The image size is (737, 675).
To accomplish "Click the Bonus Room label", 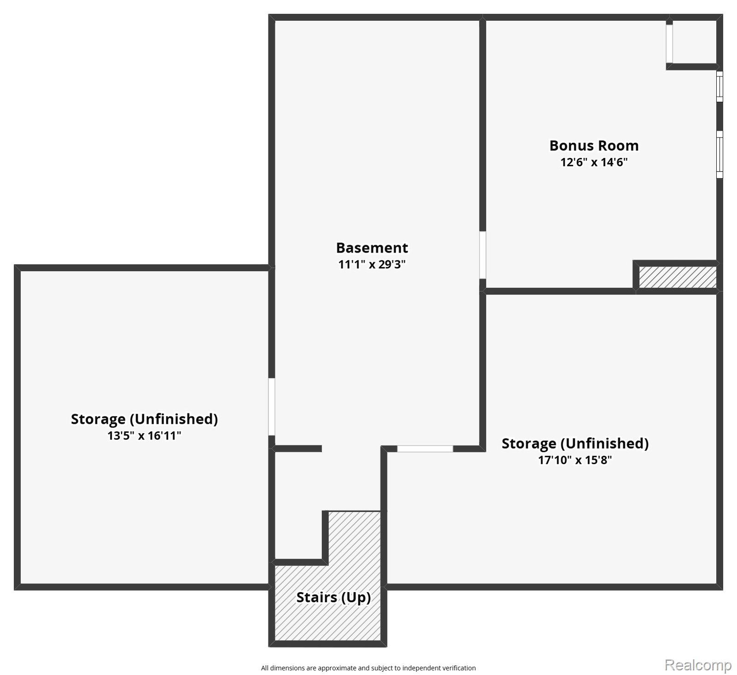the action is coord(594,146).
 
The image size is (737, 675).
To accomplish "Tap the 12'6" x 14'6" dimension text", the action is coord(594,162).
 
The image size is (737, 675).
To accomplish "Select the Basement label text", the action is coord(372,248).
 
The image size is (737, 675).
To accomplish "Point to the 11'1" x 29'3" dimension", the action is coord(372,264).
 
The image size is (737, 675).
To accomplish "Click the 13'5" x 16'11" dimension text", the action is coord(144,435).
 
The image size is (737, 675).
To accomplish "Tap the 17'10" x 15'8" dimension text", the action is coord(575,460).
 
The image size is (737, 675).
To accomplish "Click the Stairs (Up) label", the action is coord(333,598).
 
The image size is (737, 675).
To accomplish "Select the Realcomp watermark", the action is coord(698,665).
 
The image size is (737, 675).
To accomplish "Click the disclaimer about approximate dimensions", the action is coord(368,668).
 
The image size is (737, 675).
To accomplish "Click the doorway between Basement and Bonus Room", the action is coord(483,255).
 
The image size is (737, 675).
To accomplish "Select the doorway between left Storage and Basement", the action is coord(272,407).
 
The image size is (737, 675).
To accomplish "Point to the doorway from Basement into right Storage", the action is coord(425,449).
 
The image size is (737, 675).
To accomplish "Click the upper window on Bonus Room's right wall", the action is coord(719,86).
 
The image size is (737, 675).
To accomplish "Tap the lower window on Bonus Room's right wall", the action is coord(719,154).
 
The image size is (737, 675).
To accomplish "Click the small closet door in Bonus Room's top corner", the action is coord(669,43).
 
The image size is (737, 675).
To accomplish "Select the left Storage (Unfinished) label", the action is coord(144,419).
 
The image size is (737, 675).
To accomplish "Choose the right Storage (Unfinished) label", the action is coord(575,443).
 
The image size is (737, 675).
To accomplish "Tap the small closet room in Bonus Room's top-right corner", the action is coord(695,42).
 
